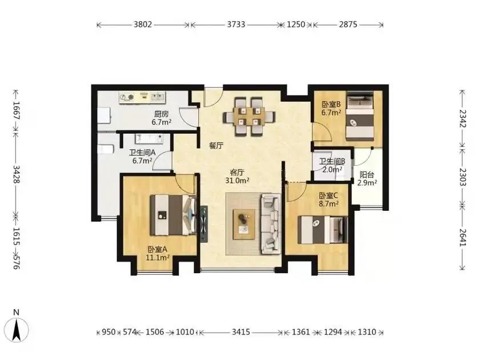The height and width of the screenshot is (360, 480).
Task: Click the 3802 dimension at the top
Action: pos(143,24)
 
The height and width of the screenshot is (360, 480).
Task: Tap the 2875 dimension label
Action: pos(348,24)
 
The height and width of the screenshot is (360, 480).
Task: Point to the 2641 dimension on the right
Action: pos(462,238)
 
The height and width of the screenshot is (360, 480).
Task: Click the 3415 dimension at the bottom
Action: pos(241,332)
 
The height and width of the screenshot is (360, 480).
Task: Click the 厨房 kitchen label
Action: pos(161,114)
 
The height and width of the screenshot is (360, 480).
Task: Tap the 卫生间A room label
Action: pos(142,152)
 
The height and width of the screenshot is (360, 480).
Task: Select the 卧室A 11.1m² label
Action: pos(158,254)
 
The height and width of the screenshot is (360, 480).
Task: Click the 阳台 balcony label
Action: pos(367,175)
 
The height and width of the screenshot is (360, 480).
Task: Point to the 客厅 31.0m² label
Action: pos(237,177)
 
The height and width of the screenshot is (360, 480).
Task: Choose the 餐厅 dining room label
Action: pos(216,146)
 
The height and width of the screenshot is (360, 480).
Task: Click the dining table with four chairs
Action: pos(249,117)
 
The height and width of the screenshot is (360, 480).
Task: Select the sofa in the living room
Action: pos(271,224)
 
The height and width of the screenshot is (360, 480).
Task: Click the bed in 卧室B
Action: pos(360,117)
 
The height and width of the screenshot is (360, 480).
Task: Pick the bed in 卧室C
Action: pos(323,230)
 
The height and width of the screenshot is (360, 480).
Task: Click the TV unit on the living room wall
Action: pos(204,224)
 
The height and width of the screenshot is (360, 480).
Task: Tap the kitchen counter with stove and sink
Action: pos(142,97)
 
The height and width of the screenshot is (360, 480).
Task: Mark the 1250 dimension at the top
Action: pos(296,24)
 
